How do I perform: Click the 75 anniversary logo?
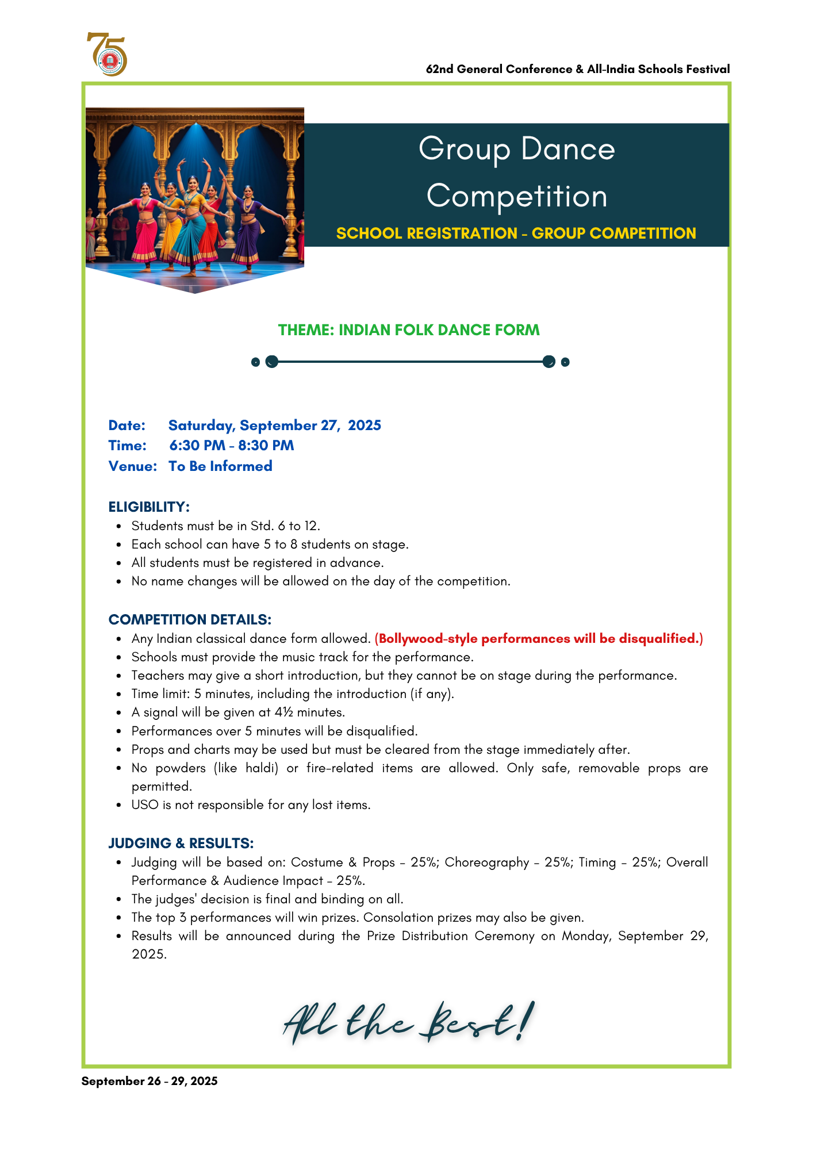coord(108,54)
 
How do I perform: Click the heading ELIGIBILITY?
coord(149,507)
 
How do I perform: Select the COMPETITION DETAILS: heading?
coord(190,619)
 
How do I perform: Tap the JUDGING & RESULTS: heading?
coord(181,843)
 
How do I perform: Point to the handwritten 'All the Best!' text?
coord(409,1023)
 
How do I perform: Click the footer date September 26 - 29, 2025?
coord(149,1081)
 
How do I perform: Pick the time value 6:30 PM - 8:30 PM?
coord(232,446)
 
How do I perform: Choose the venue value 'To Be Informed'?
coord(220,466)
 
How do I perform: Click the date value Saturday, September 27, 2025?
coord(274,425)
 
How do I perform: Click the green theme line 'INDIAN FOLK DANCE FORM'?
coord(409,330)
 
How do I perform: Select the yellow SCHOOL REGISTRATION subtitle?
coord(516,233)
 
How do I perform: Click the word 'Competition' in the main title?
coord(516,196)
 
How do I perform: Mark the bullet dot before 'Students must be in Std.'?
coord(119,526)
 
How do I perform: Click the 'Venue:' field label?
coord(133,466)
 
